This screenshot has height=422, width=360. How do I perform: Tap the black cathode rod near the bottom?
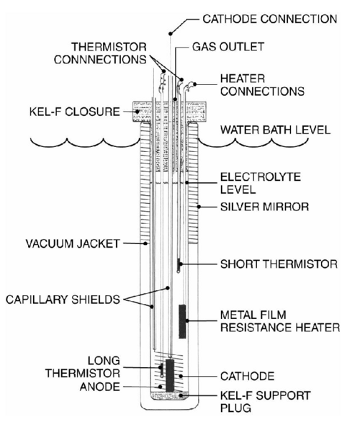pos(171,375)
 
